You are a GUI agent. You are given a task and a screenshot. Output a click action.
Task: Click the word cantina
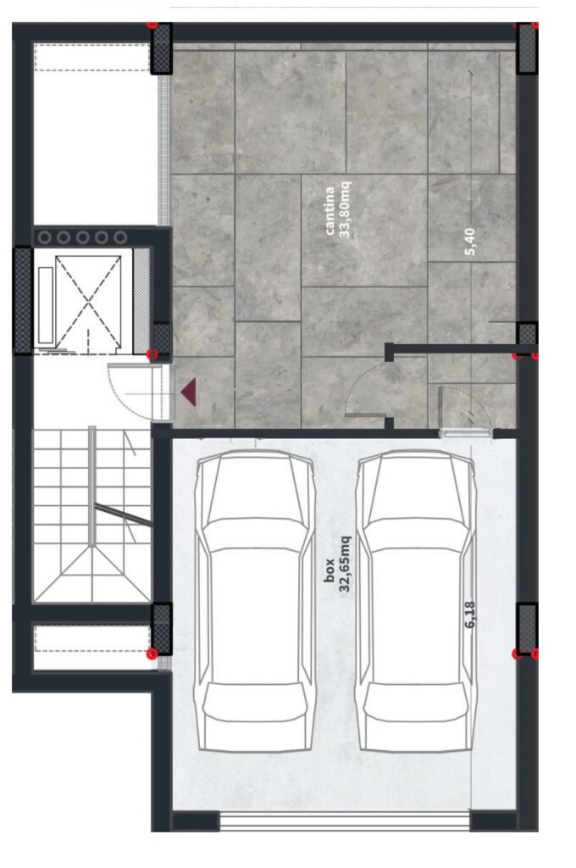330,210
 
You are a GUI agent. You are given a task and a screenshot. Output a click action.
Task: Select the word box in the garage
330,570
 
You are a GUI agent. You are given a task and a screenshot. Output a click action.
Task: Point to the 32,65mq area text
346,564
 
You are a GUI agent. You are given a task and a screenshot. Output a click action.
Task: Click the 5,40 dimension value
470,242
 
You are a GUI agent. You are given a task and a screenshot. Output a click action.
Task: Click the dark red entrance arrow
188,392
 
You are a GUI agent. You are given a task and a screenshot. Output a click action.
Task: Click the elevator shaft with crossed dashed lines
88,303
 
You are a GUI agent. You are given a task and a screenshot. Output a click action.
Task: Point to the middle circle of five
82,237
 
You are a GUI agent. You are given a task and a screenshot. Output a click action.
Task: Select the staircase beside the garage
91,515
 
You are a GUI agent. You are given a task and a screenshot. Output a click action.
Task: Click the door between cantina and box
466,413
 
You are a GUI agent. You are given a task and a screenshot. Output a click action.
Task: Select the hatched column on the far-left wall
22,300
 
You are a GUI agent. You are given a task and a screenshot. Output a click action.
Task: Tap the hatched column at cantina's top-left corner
162,48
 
